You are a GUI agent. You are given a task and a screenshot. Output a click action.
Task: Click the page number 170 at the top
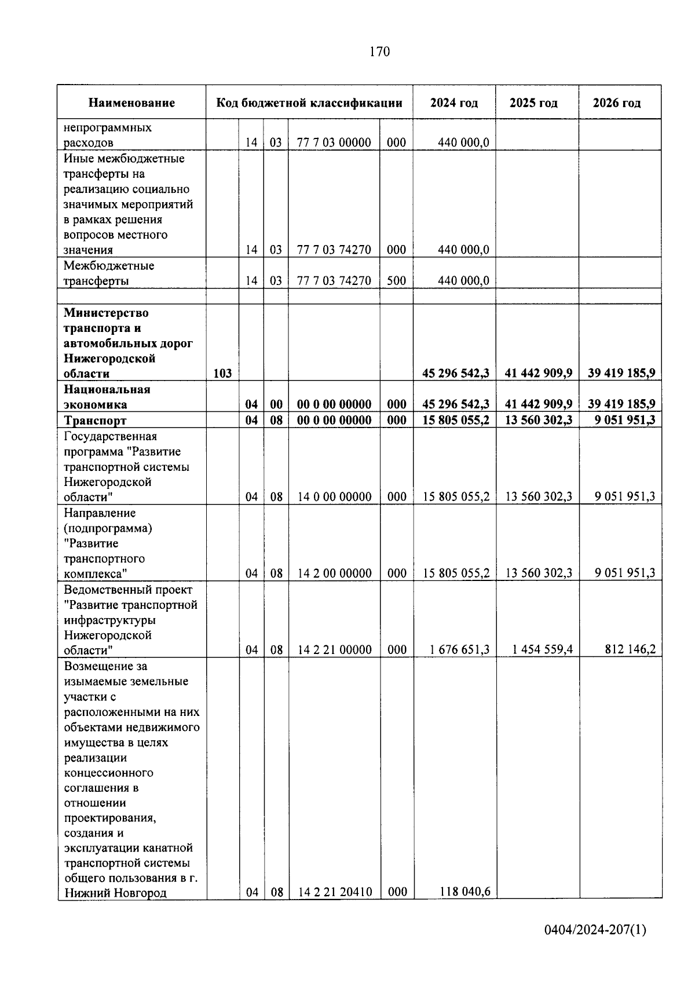click(379, 52)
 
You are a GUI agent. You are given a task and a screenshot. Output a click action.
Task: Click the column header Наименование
click(131, 103)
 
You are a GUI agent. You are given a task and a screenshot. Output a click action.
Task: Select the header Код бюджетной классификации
click(309, 103)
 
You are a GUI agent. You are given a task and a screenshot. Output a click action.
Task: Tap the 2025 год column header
click(533, 103)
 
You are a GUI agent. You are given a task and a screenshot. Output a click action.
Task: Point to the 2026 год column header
click(617, 103)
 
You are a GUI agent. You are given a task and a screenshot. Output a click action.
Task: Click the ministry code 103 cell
click(222, 374)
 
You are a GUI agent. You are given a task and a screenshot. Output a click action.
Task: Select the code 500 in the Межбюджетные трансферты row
click(396, 281)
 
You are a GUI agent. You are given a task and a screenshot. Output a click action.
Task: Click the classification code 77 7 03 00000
click(334, 142)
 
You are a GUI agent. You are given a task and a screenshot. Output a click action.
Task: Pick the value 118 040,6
click(464, 891)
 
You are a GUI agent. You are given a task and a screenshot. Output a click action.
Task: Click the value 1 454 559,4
click(542, 650)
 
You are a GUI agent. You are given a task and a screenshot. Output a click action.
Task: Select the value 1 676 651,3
click(459, 650)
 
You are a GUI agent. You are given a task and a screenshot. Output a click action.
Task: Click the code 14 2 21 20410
click(335, 892)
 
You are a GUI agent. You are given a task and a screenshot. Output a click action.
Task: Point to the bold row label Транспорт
click(95, 421)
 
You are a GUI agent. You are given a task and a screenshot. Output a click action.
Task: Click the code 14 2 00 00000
click(335, 573)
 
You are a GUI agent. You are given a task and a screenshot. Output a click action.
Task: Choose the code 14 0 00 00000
click(335, 497)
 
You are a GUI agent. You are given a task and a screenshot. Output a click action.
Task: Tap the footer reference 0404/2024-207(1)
click(595, 931)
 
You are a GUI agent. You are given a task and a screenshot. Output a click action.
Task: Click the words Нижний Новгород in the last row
click(115, 893)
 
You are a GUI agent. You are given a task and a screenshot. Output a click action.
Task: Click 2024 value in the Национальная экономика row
click(456, 404)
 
